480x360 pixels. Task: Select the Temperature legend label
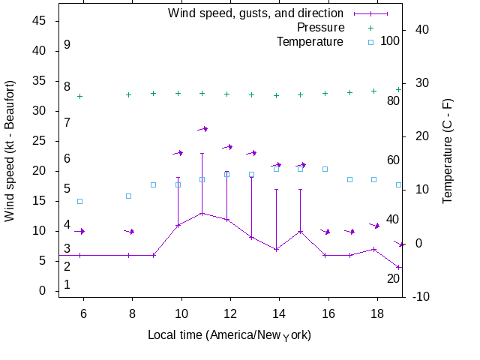coord(310,41)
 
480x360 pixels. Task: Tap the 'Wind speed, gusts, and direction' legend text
coord(255,13)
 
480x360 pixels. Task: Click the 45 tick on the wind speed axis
coord(40,21)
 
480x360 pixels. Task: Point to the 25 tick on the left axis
coord(40,141)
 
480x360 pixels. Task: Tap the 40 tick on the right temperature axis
coord(421,30)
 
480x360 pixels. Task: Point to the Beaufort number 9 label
coord(67,45)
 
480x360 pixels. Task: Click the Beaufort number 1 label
coord(67,284)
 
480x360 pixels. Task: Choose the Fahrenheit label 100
coord(390,40)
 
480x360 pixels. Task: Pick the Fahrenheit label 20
coord(393,278)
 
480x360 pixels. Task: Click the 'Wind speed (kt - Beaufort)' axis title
coord(10,150)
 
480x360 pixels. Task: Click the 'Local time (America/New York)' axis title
coord(229,334)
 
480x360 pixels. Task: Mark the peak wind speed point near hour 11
coord(202,213)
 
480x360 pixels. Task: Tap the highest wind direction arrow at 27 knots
coord(202,129)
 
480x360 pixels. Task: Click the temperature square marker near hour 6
coord(79,201)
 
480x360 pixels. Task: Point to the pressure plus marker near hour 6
coord(79,96)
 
